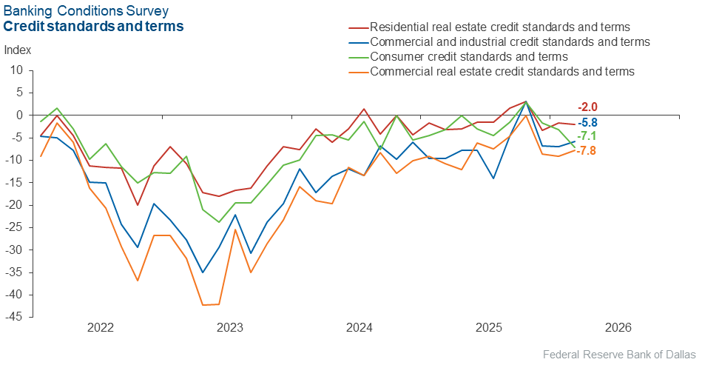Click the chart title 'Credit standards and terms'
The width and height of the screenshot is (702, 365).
[x=94, y=27]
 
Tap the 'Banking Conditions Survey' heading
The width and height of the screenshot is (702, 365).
[x=86, y=11]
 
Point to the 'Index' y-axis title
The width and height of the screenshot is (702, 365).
[x=18, y=50]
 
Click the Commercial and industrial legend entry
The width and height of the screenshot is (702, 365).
[x=509, y=41]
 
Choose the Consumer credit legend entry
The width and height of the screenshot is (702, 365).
[x=468, y=56]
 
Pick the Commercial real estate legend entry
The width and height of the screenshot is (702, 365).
[x=502, y=71]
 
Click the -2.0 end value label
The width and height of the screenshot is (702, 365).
[x=587, y=107]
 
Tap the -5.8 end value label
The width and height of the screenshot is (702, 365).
[x=587, y=123]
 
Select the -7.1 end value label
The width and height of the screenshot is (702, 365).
[x=587, y=136]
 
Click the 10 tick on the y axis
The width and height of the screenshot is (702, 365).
[x=17, y=70]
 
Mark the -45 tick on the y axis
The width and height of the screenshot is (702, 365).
[x=14, y=318]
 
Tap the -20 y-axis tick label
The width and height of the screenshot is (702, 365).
[x=14, y=205]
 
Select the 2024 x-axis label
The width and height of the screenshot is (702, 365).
[x=359, y=327]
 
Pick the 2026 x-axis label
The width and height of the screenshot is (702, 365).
[x=618, y=327]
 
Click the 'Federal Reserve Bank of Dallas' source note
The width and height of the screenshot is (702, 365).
[x=619, y=353]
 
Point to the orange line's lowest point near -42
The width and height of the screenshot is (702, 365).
[x=203, y=305]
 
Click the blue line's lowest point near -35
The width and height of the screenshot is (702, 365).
[x=203, y=272]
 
